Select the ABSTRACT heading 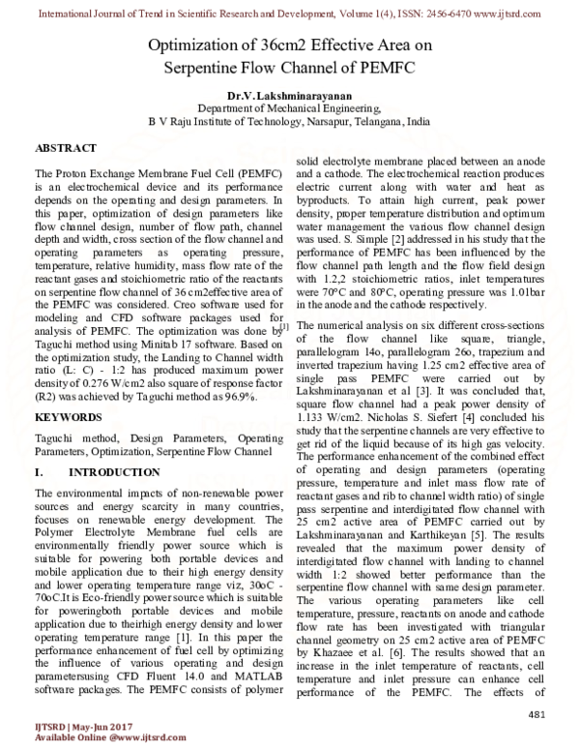65,148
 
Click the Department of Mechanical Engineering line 289,111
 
